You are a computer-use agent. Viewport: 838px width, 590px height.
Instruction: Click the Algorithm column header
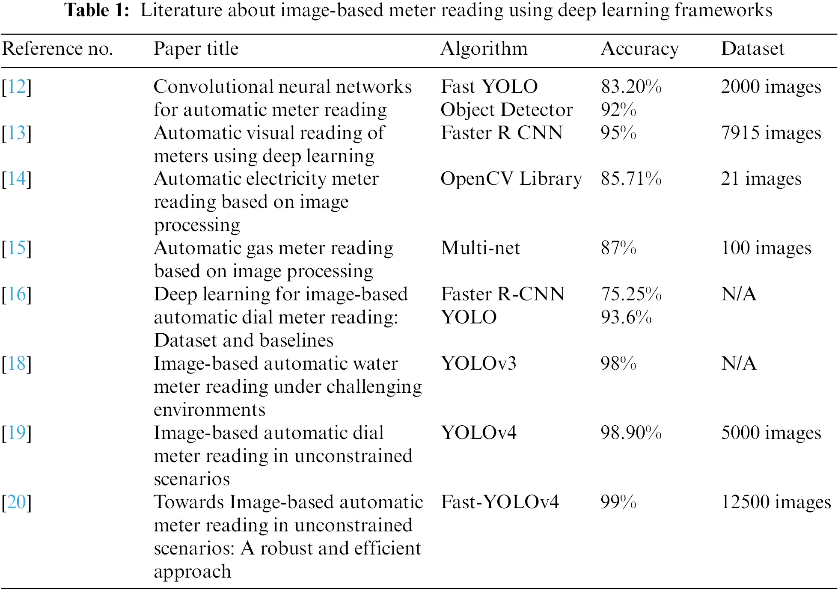(x=484, y=49)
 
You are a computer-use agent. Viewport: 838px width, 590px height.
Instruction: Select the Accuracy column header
(x=639, y=49)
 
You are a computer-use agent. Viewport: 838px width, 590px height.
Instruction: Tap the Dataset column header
(x=752, y=49)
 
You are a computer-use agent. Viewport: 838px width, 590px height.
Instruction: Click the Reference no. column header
(x=57, y=49)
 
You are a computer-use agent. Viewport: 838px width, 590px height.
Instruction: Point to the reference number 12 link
(x=17, y=87)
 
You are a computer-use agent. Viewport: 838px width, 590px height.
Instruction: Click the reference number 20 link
(x=17, y=502)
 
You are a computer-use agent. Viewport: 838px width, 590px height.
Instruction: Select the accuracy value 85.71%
(x=631, y=179)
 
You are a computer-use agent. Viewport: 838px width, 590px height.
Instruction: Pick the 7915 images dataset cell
(x=771, y=133)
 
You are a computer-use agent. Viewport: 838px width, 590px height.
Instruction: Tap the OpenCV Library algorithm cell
(x=511, y=179)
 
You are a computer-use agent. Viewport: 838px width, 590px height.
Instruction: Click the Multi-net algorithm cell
(x=480, y=248)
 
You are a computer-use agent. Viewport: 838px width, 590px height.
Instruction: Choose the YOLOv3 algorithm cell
(x=478, y=364)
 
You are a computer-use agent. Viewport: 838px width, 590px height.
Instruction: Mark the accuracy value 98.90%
(x=631, y=433)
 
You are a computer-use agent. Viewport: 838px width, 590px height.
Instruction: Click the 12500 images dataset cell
(x=776, y=502)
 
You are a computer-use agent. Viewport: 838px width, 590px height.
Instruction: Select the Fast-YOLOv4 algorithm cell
(x=499, y=502)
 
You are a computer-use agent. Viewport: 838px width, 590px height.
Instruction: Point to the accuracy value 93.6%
(x=626, y=317)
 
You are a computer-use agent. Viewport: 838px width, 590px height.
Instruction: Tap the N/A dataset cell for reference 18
(x=739, y=364)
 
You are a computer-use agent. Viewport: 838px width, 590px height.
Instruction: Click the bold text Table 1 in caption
(x=97, y=10)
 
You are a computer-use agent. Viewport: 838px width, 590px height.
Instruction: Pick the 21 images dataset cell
(x=761, y=179)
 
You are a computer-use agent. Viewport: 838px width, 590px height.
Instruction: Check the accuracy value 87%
(x=618, y=248)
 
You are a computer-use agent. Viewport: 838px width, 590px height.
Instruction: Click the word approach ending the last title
(x=192, y=572)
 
